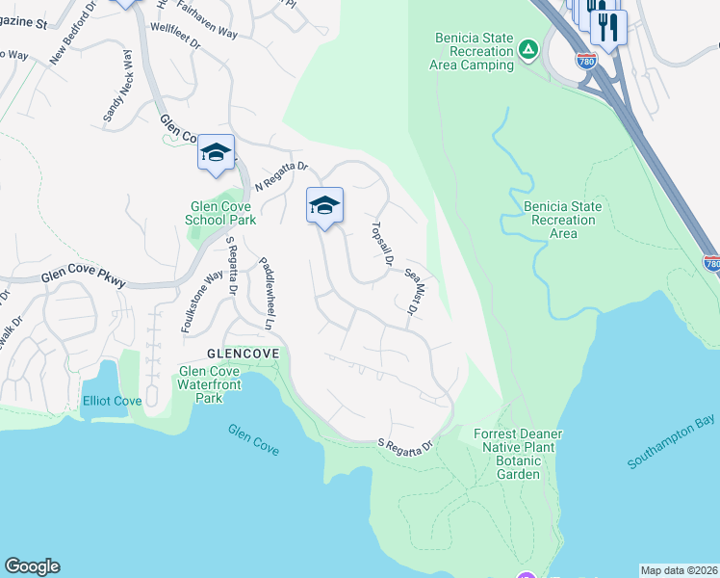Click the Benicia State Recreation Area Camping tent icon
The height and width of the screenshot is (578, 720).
[527, 48]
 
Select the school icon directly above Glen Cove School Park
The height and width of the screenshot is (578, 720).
[216, 154]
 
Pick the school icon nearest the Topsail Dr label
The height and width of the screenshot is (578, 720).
[325, 205]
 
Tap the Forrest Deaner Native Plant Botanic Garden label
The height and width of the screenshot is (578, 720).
[518, 454]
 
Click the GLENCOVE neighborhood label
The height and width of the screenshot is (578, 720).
[243, 354]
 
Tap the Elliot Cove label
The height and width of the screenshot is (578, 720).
[113, 401]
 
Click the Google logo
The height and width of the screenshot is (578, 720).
[32, 566]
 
